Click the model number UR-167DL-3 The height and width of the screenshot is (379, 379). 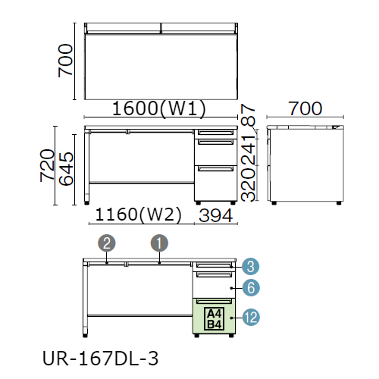point(100,359)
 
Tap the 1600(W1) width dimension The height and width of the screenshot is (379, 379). point(158,108)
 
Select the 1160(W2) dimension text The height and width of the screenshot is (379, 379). point(138,215)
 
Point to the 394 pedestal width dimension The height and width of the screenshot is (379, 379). point(215,215)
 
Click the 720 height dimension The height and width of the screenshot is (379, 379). point(47,165)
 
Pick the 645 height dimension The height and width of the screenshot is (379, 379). point(66,169)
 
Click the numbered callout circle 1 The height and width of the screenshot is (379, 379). point(159,243)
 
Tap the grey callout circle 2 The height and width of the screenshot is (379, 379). point(107,243)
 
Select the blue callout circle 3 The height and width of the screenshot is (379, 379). point(250,267)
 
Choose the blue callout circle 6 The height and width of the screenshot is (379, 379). point(251,288)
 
